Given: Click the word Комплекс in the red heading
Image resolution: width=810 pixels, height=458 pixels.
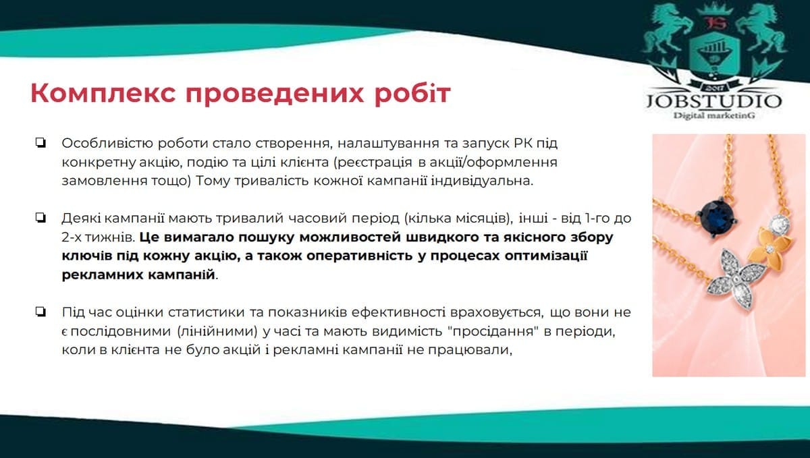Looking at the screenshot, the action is click(103, 93).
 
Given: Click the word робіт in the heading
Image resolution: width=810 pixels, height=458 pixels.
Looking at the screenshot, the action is click(412, 93).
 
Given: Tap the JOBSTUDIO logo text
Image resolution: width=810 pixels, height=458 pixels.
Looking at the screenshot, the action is click(714, 101).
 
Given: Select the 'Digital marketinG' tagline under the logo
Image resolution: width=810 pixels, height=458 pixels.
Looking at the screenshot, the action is click(714, 115).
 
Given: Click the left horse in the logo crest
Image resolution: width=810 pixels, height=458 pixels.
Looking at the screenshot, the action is click(667, 29).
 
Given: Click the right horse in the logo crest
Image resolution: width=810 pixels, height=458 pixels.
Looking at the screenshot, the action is click(759, 29).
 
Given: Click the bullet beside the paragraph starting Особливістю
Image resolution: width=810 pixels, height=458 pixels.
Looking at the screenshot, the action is click(40, 142).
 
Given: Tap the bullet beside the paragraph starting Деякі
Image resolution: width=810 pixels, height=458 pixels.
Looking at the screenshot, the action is click(40, 218).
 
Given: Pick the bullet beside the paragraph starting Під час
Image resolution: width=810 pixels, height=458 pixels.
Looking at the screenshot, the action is click(40, 312).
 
